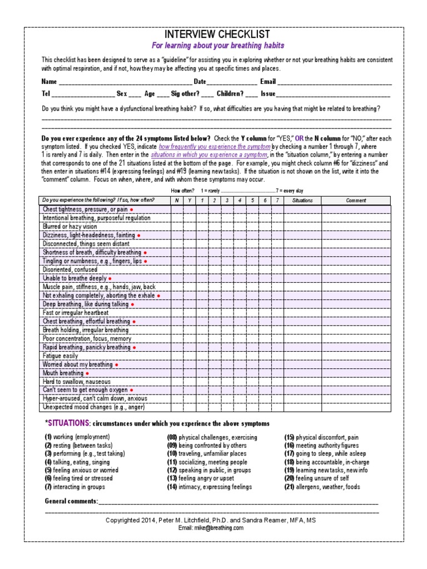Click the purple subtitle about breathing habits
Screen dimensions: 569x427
[218, 46]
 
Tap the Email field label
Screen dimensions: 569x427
[268, 82]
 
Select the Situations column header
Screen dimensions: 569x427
[302, 201]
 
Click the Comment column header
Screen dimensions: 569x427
[356, 201]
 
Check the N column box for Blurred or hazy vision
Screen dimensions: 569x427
[177, 227]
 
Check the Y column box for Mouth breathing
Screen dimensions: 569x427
[190, 373]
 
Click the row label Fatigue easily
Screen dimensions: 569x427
[61, 356]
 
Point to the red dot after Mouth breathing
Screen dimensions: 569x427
[87, 373]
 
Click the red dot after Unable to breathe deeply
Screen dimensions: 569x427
[110, 278]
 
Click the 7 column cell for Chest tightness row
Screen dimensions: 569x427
[277, 209]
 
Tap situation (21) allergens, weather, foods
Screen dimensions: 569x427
[322, 487]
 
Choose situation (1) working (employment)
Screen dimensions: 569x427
[77, 437]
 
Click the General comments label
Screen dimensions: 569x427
[71, 501]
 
